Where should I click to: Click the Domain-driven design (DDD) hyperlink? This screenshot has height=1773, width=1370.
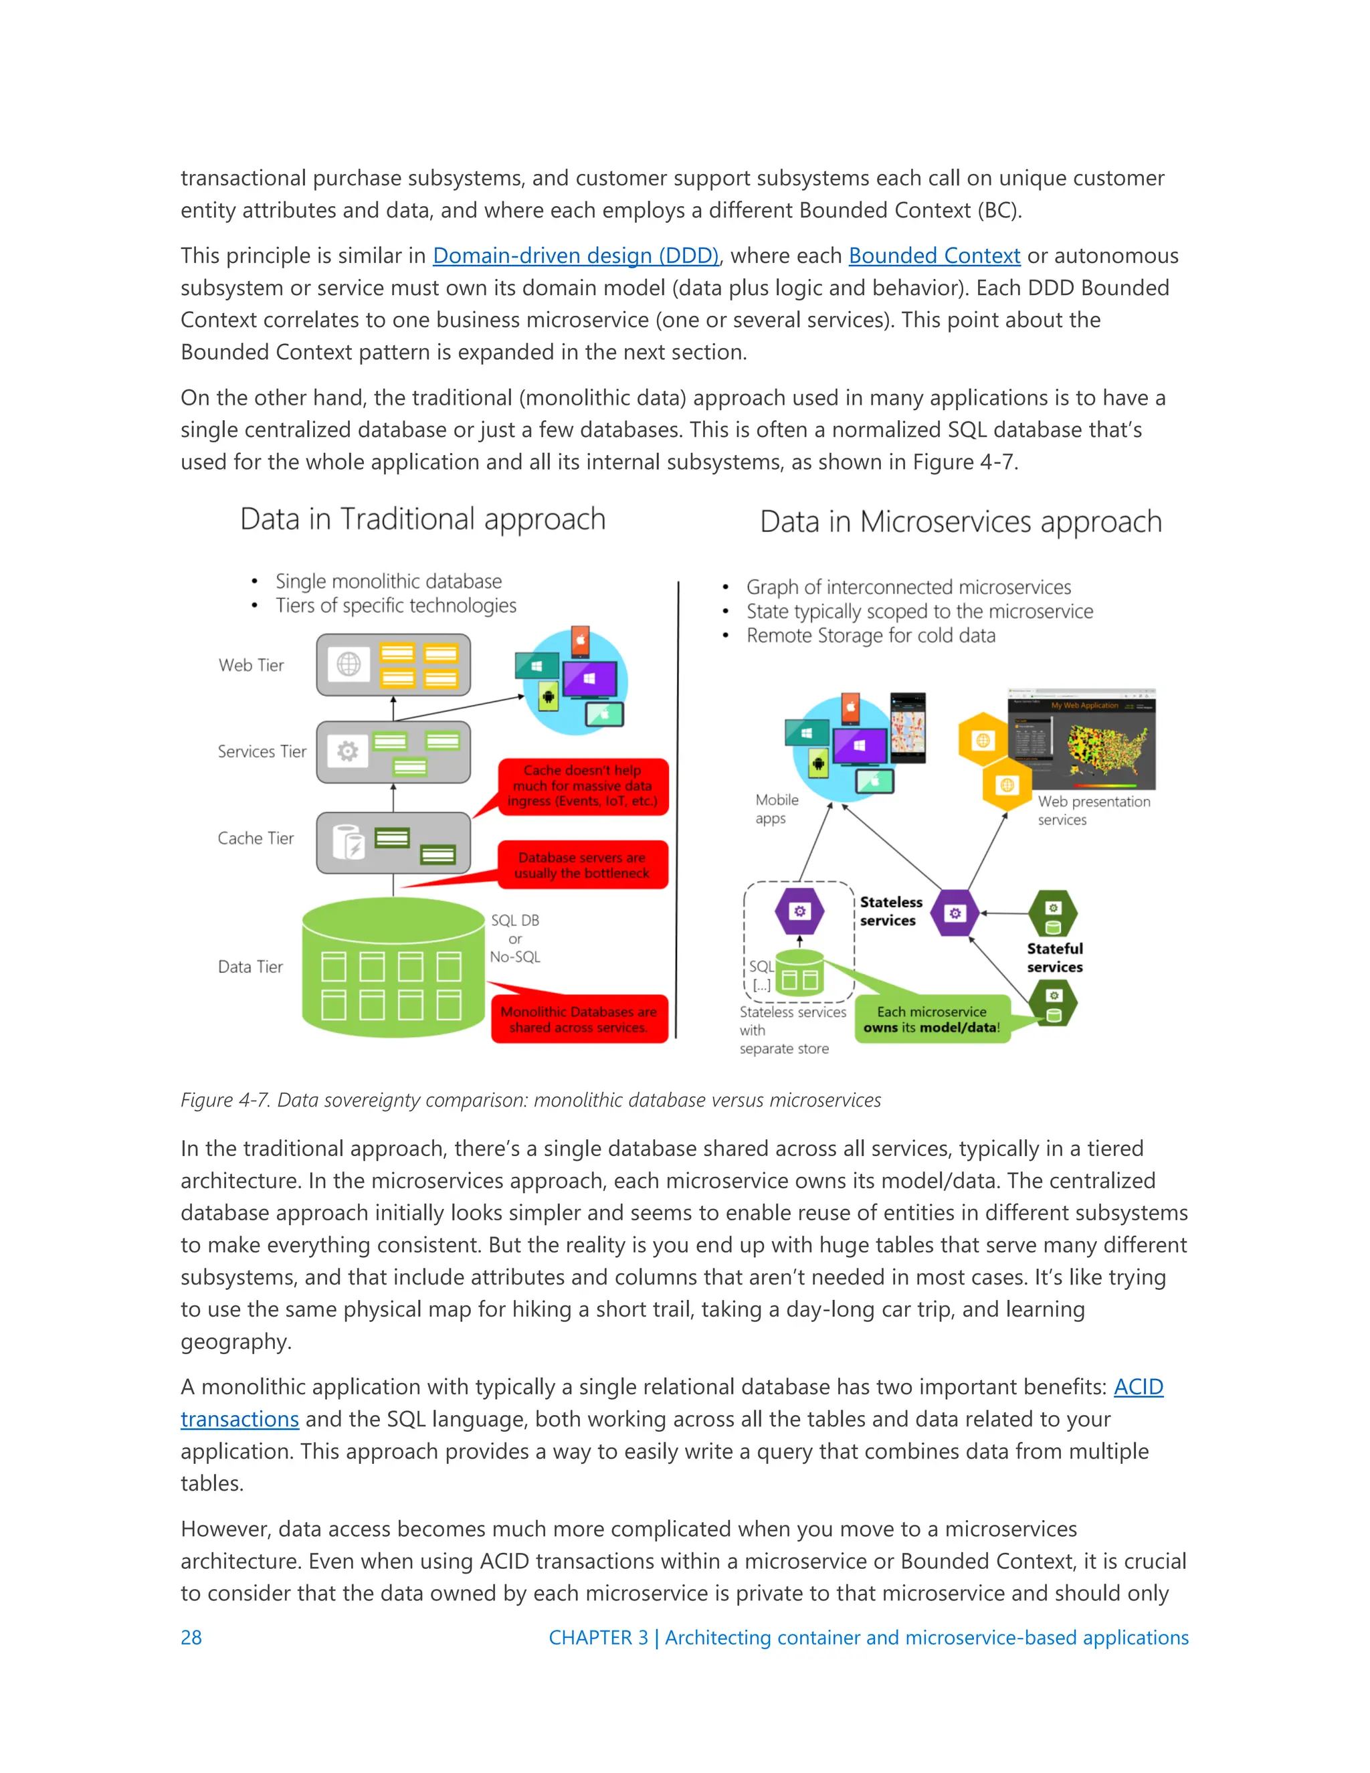coord(575,256)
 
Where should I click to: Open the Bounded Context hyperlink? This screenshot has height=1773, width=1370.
coord(933,256)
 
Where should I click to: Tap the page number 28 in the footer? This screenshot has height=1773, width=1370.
coord(191,1637)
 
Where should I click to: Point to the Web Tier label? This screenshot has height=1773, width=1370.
coord(251,666)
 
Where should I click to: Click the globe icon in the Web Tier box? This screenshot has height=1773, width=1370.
coord(349,664)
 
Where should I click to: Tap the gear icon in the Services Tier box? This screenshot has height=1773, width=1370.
coord(347,752)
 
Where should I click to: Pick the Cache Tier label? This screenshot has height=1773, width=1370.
coord(255,838)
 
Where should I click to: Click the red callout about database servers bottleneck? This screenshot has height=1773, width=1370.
coord(582,865)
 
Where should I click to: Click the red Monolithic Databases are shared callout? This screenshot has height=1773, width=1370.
coord(579,1020)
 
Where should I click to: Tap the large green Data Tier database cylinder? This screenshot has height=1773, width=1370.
coord(393,967)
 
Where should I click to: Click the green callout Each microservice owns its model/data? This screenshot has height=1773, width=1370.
coord(931,1020)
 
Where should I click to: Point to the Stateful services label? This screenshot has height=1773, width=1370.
coord(1054,958)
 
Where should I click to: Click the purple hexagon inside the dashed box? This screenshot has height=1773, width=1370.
coord(799,912)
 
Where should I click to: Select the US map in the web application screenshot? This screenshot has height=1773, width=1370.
coord(1105,747)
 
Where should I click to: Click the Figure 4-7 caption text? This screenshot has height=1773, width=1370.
coord(530,1100)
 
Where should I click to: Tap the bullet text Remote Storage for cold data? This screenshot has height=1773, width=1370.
coord(870,636)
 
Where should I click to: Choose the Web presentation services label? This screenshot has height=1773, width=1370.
coord(1093,810)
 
